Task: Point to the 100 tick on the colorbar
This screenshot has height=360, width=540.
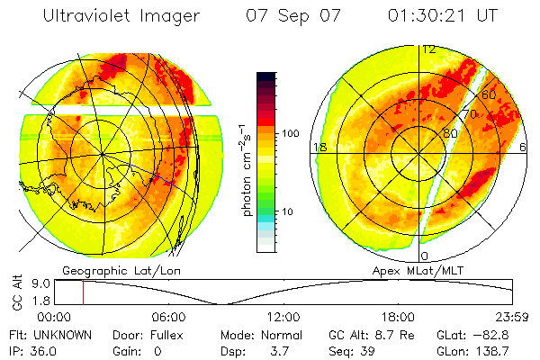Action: click(289, 132)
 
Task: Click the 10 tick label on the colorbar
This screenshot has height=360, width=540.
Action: click(289, 211)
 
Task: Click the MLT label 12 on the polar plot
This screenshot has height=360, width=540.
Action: click(429, 49)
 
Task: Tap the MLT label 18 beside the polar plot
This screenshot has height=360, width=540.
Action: click(318, 147)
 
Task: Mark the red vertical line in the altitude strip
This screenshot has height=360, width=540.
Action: click(83, 292)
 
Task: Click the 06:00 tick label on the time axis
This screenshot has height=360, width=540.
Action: click(168, 318)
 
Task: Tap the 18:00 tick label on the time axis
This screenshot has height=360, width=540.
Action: click(398, 318)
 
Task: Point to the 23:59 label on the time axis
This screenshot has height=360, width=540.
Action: click(513, 318)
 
